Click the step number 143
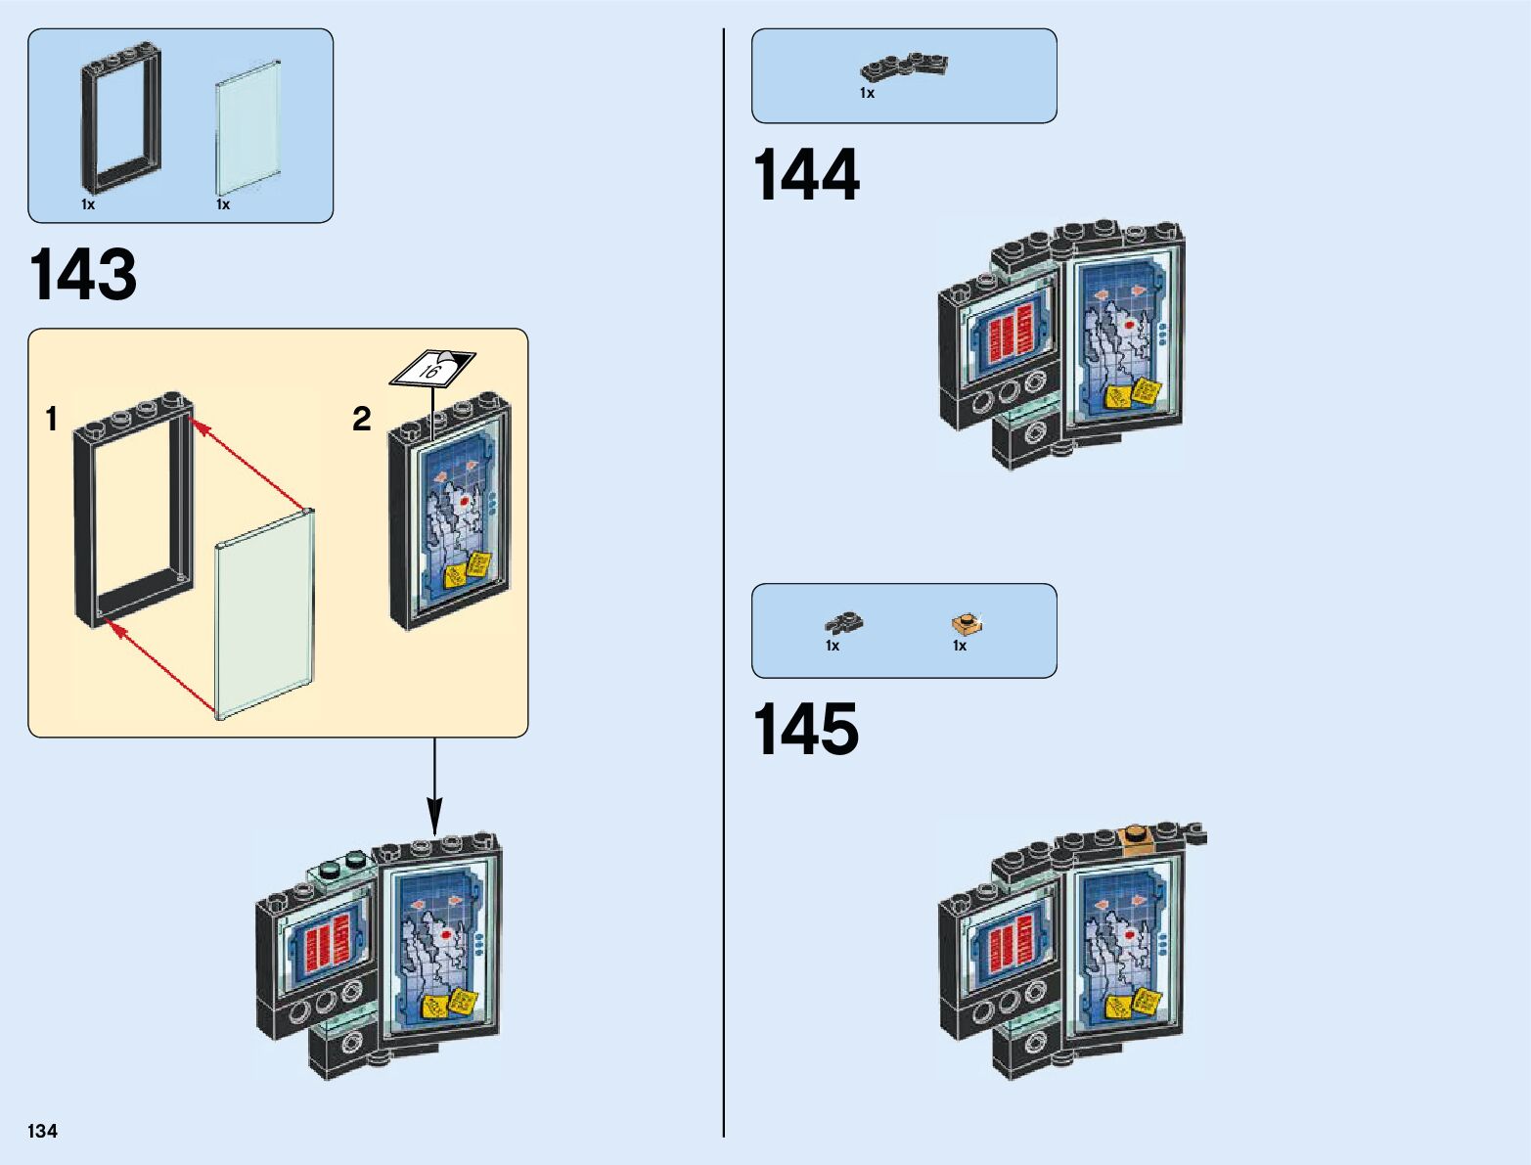pos(84,275)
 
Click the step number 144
pos(806,176)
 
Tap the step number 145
pos(806,729)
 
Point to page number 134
pos(43,1131)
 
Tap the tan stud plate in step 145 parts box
pos(967,623)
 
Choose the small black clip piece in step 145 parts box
pos(844,621)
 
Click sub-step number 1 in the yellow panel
pos(52,420)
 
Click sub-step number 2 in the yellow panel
pos(362,419)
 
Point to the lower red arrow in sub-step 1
pos(161,665)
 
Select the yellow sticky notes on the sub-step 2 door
pos(467,571)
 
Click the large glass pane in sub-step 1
pos(266,616)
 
